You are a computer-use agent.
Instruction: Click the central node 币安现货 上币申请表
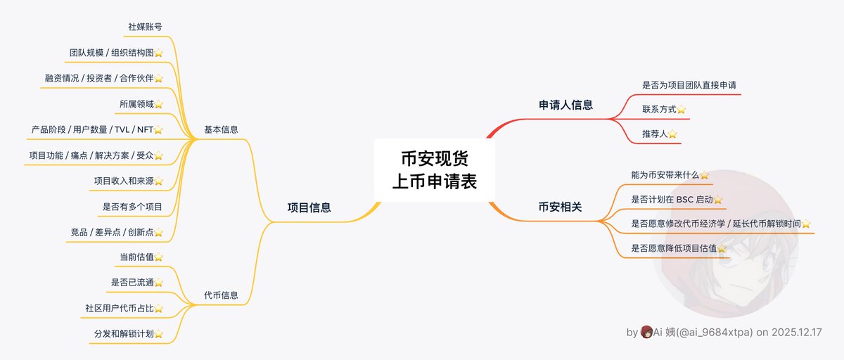tap(434, 169)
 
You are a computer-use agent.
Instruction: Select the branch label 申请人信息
tap(565, 105)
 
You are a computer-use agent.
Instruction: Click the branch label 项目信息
tap(309, 207)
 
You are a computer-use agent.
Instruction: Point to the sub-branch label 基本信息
tap(221, 129)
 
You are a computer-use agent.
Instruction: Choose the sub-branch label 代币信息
tap(221, 295)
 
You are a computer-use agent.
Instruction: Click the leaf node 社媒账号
tap(146, 27)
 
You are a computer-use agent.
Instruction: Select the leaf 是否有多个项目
tap(132, 207)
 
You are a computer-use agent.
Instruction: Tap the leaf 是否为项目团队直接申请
tap(689, 85)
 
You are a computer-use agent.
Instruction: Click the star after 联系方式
tap(681, 110)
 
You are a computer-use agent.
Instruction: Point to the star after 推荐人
tap(672, 134)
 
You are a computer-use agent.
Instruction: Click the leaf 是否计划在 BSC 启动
tap(672, 200)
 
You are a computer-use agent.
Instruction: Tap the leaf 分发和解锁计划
tap(123, 333)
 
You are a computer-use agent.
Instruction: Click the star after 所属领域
tap(158, 104)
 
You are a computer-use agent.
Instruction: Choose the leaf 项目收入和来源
tap(123, 181)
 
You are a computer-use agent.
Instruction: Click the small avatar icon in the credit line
tap(646, 332)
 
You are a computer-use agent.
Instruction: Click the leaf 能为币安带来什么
tap(665, 174)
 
